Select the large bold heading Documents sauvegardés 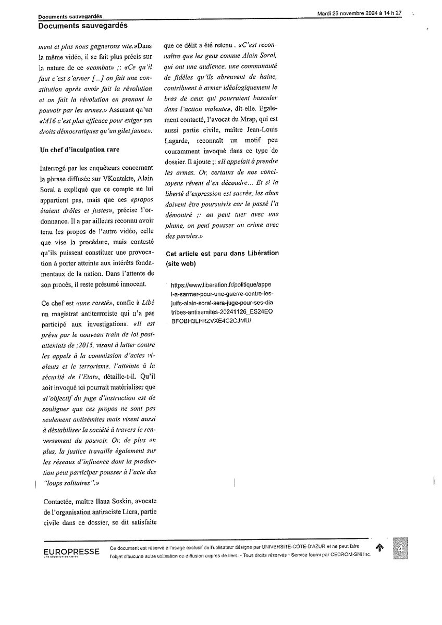pyautogui.click(x=83, y=25)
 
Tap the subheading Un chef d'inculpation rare pyautogui.click(x=80, y=150)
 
